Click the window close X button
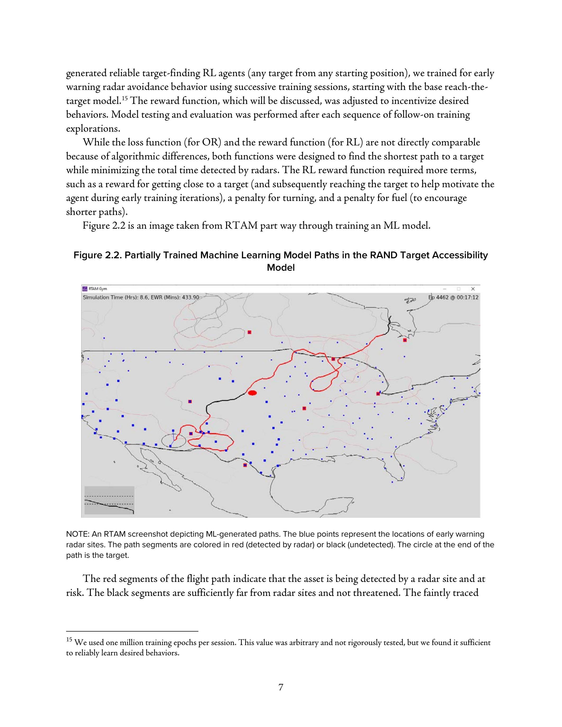tap(473, 289)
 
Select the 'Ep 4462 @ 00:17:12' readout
tap(454, 297)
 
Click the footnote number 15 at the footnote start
tap(69, 640)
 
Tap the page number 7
tap(281, 687)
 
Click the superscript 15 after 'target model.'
tap(124, 98)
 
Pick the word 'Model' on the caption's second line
tap(281, 268)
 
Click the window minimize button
tap(445, 289)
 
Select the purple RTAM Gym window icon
tap(85, 289)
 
